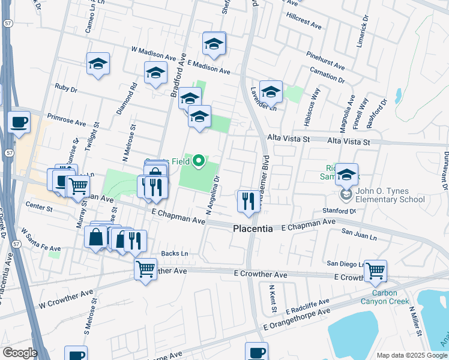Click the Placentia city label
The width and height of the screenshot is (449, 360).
click(252, 229)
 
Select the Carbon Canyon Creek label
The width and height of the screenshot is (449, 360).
click(384, 297)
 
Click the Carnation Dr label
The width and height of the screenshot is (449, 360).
click(327, 76)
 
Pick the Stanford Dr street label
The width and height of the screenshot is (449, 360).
click(339, 211)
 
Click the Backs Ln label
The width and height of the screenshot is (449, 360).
click(174, 254)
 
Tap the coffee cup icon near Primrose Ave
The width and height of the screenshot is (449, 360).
click(19, 122)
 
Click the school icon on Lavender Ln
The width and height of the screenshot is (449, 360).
click(271, 91)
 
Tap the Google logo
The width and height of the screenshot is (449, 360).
click(20, 353)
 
